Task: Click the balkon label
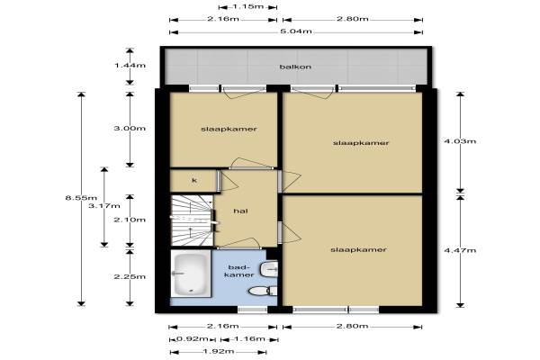coord(295,67)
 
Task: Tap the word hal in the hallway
coord(240,211)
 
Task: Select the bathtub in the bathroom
coord(191,274)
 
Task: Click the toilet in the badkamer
coord(263,291)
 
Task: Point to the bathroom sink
coord(269,269)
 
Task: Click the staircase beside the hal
coord(193,220)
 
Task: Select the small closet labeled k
coord(193,181)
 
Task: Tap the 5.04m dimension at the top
coord(296,31)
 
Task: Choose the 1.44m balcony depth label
coord(130,65)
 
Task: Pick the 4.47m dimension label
coord(460,250)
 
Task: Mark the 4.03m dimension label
coord(460,141)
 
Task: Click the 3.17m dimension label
coord(104,206)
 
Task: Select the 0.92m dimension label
coord(193,338)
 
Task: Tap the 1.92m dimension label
coord(219,351)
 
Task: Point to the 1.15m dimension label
coord(248,6)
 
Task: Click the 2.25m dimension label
coord(130,276)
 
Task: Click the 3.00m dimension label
coord(130,128)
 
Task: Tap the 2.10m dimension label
coord(130,220)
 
